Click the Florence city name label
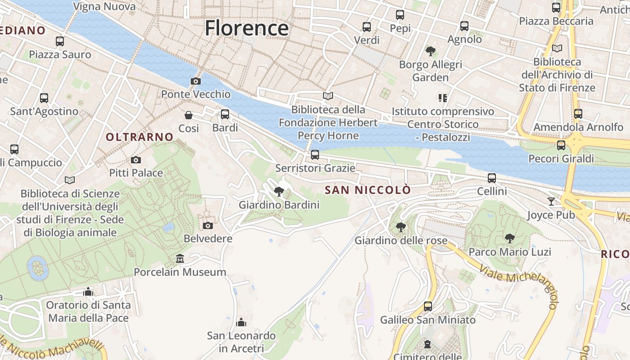(247, 28)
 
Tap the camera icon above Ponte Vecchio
(196, 81)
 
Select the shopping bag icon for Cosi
(189, 116)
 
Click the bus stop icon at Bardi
(225, 114)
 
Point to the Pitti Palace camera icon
(136, 160)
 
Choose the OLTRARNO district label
(139, 137)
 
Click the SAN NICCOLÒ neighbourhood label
(368, 190)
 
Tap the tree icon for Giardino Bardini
(279, 192)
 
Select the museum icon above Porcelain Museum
(180, 259)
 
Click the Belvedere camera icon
(208, 225)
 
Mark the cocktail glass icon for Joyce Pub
(551, 201)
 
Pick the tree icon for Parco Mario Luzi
(510, 238)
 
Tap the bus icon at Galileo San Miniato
(428, 306)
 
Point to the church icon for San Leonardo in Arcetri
(242, 322)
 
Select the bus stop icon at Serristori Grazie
(315, 155)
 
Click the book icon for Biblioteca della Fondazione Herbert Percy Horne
(328, 96)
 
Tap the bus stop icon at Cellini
(492, 178)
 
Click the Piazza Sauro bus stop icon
(60, 41)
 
